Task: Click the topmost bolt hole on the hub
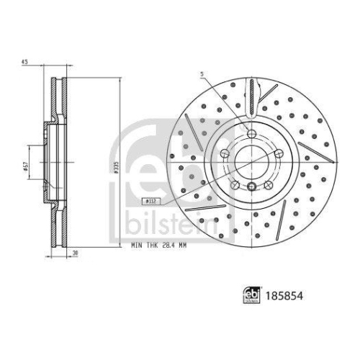click(x=250, y=134)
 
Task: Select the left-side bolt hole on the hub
click(x=222, y=154)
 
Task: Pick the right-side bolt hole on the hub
click(x=277, y=154)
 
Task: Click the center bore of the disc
click(x=250, y=163)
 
